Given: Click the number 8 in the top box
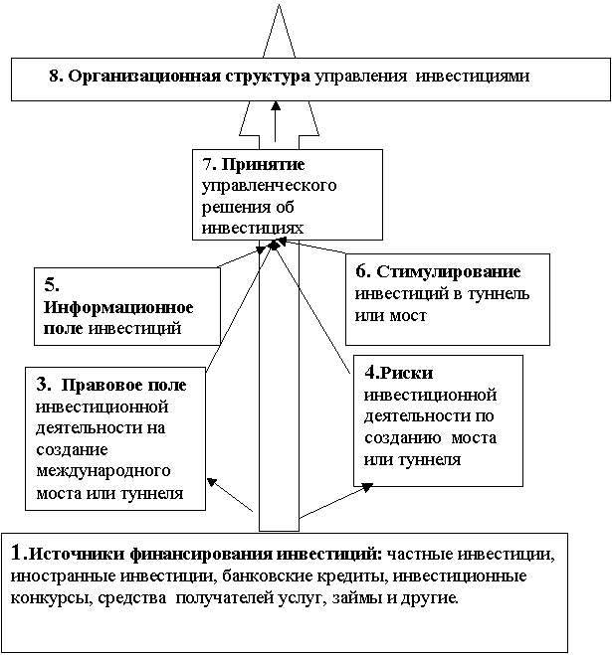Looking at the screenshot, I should click(53, 77).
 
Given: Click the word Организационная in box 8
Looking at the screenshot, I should click(132, 77).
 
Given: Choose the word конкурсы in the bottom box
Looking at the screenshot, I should click(46, 599).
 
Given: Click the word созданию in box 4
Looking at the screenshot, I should click(405, 438).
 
